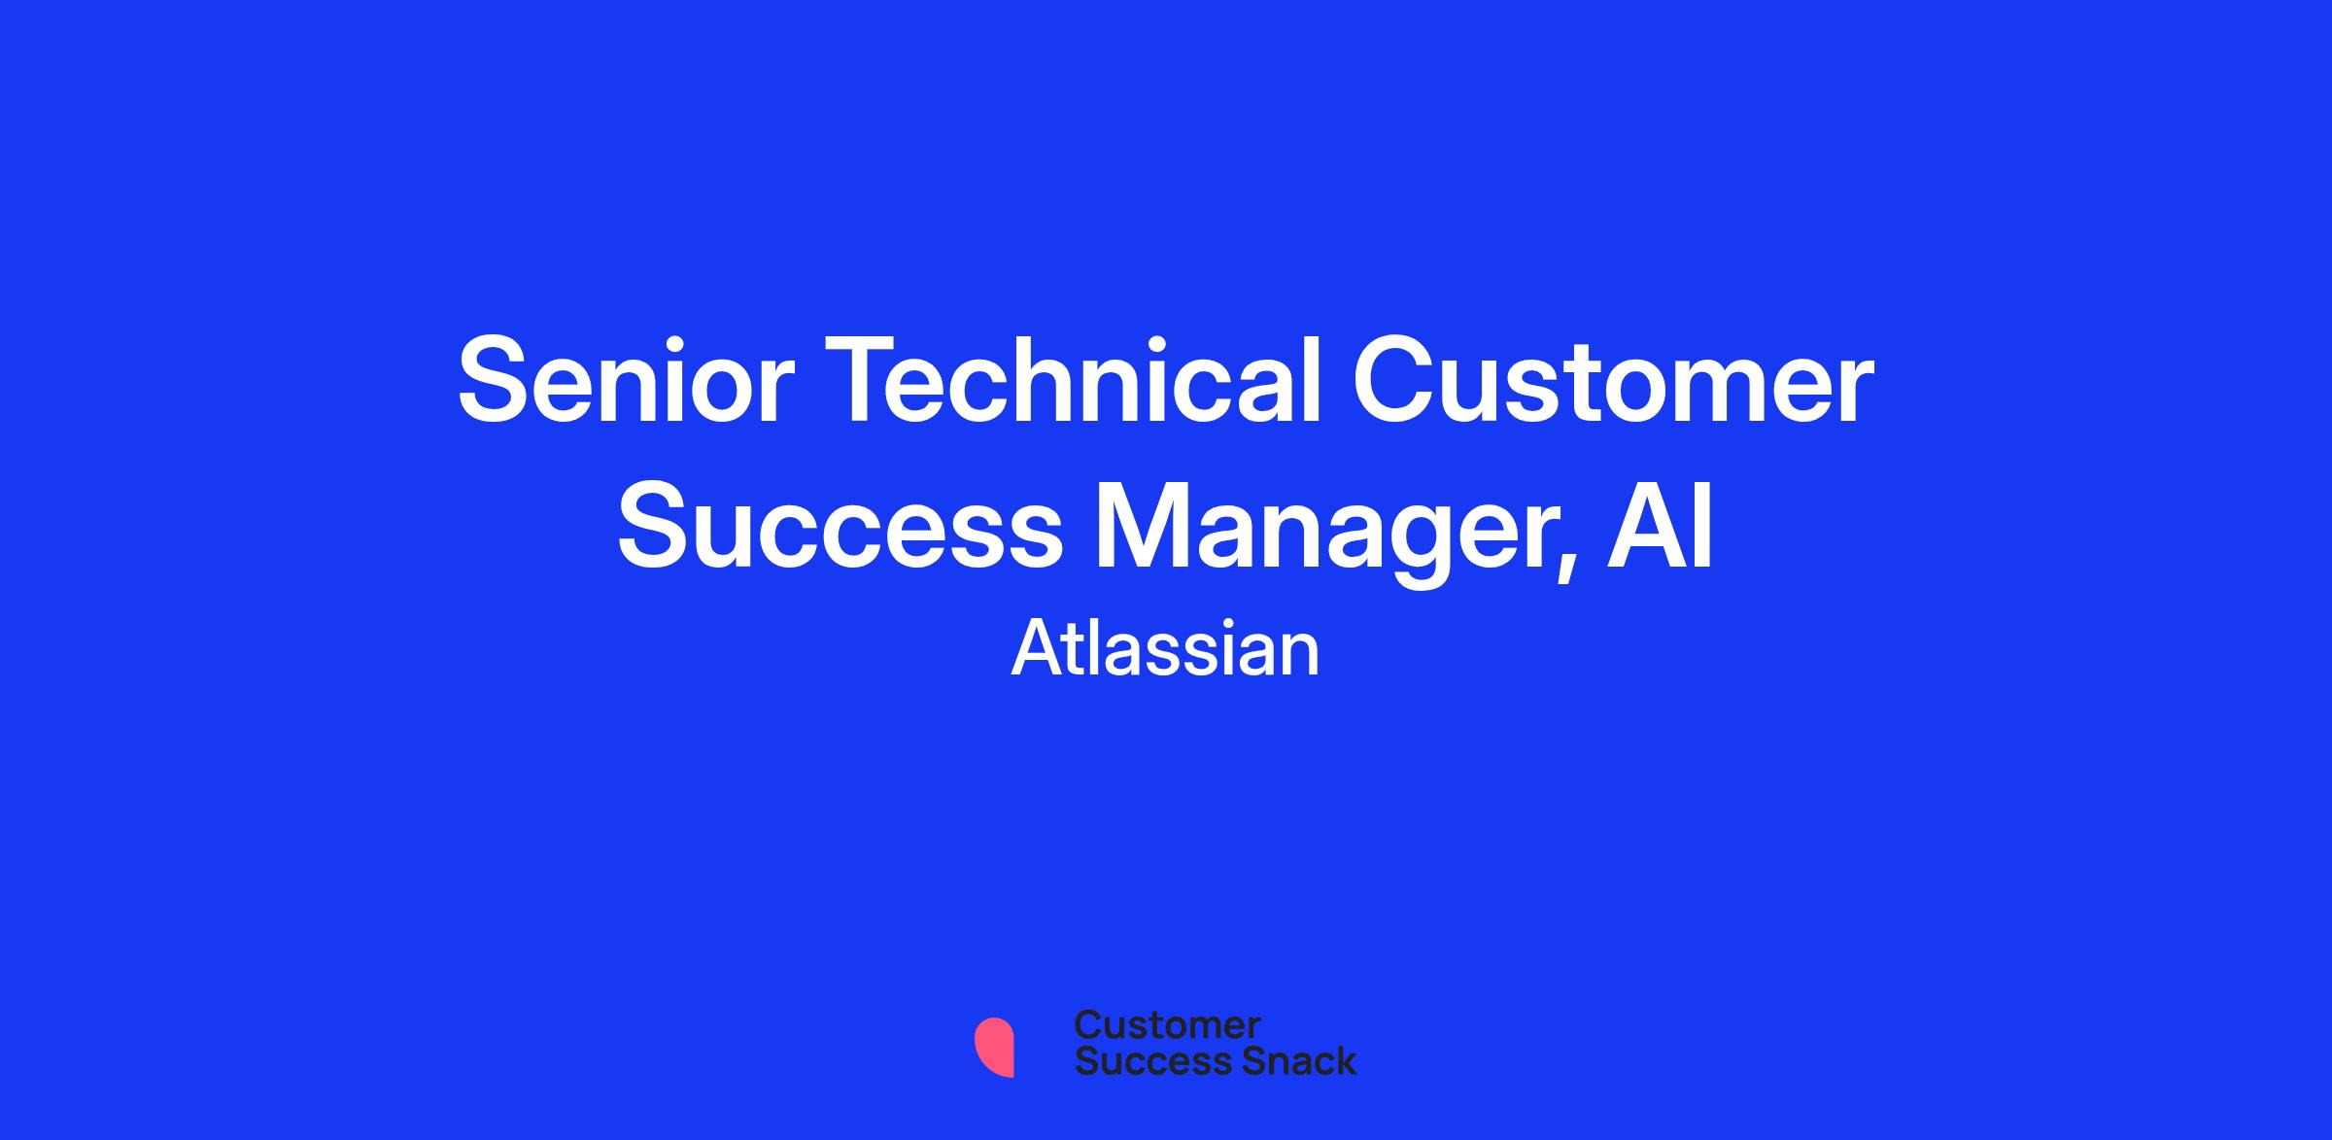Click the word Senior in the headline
623,382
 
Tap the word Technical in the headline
1075,379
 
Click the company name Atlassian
1166,650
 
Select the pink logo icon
994,1047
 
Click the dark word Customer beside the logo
1168,1025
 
